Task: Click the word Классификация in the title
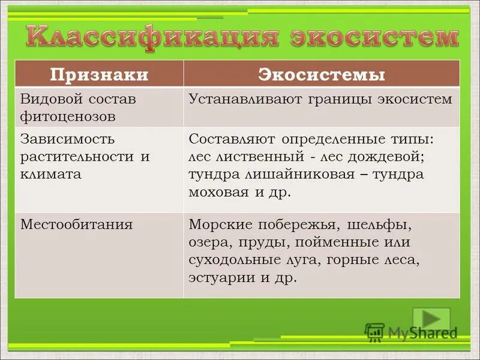click(153, 37)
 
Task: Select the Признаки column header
click(99, 74)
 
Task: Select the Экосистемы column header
click(322, 74)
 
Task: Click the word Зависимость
click(67, 139)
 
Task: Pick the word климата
click(51, 175)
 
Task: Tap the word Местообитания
click(77, 225)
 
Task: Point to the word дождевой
click(392, 157)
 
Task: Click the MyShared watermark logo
click(411, 332)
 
